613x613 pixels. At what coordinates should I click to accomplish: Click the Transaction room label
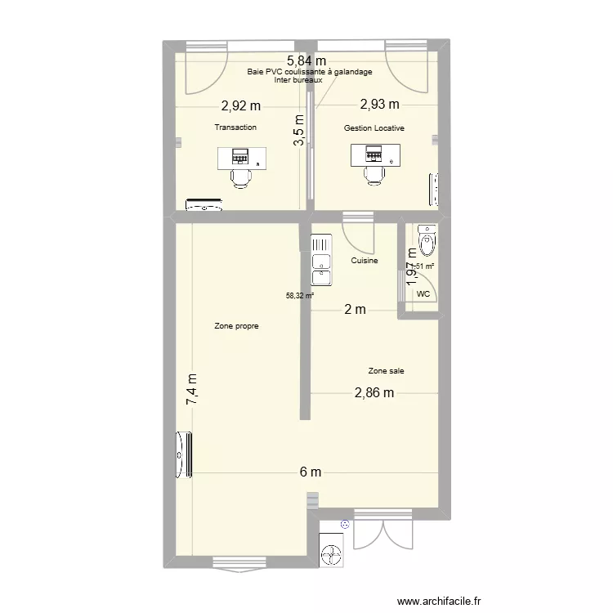click(x=235, y=128)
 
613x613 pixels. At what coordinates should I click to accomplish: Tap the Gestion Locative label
click(x=374, y=128)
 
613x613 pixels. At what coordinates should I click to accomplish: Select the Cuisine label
click(x=364, y=261)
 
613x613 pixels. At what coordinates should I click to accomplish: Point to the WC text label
click(x=423, y=293)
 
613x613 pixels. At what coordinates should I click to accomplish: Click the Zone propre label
click(x=237, y=325)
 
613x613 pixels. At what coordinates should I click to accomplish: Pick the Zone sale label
click(x=386, y=370)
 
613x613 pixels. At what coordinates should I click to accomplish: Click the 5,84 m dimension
click(x=306, y=60)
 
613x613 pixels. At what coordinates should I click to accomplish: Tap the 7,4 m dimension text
click(x=193, y=390)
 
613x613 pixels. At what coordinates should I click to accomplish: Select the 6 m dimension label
click(x=310, y=472)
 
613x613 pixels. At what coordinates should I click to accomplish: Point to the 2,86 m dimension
click(x=374, y=392)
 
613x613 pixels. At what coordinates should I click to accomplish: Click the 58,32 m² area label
click(x=299, y=296)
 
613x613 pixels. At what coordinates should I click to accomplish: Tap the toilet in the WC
click(x=427, y=239)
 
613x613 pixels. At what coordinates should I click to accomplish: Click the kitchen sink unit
click(x=321, y=260)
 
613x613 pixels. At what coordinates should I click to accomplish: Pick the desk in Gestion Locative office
click(x=375, y=154)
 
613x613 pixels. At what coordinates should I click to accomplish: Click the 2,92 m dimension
click(x=241, y=105)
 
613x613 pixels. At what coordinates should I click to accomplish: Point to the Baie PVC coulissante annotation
click(x=310, y=72)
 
